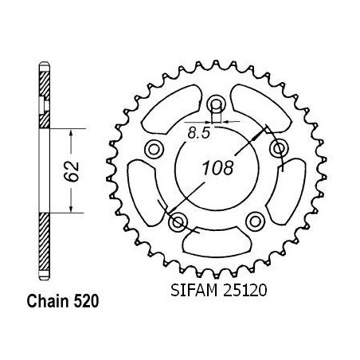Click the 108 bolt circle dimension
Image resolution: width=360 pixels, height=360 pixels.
tap(218, 168)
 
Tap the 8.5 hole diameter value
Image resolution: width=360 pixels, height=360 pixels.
tap(199, 132)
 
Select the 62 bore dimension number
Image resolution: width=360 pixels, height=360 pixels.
tap(72, 171)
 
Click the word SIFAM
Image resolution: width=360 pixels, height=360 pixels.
tap(194, 290)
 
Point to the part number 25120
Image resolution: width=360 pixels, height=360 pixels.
tap(245, 290)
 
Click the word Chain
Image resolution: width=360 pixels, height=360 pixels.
tap(48, 301)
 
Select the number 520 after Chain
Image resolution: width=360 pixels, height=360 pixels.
tap(86, 302)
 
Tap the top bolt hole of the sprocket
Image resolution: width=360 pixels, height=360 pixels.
tap(217, 104)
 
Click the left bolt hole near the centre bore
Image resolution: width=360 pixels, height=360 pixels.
tap(154, 149)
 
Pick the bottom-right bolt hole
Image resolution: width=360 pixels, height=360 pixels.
tap(255, 221)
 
